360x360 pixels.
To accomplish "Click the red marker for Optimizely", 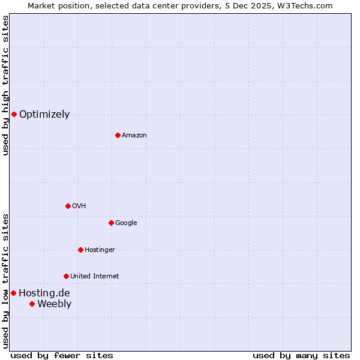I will click(x=14, y=114).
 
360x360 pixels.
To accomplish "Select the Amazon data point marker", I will click(x=118, y=135).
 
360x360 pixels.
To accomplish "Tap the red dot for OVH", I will click(x=68, y=206).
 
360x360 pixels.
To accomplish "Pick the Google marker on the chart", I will click(x=111, y=223).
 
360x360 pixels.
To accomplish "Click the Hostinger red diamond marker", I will click(x=80, y=250).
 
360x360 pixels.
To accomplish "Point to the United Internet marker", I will click(x=66, y=276).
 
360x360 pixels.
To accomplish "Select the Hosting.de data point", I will click(x=13, y=293).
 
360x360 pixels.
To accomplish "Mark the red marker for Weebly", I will click(x=32, y=304).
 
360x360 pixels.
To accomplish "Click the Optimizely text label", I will click(x=44, y=114).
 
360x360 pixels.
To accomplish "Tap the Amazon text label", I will click(x=134, y=135).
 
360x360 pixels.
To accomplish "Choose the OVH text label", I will click(x=79, y=206).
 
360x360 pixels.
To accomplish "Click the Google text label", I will click(x=126, y=223).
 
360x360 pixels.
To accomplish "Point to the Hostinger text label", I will click(x=100, y=250).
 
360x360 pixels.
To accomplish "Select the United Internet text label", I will click(x=94, y=276).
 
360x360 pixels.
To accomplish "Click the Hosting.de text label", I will click(x=44, y=293).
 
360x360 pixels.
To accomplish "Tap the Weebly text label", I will click(x=54, y=304).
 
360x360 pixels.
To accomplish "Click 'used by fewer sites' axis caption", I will click(x=62, y=355).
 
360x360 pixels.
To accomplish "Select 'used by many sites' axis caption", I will click(x=301, y=355).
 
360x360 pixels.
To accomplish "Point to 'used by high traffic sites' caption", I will click(x=5, y=85).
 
